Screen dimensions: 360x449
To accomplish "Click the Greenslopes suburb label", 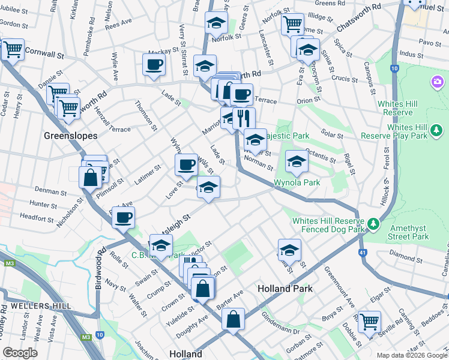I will point(71,136).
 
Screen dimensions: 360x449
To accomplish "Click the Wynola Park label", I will point(297,182).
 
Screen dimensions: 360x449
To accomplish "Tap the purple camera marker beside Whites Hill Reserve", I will point(437,81).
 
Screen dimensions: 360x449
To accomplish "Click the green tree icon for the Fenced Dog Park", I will point(373,224).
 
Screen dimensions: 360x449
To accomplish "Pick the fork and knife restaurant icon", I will point(244,118).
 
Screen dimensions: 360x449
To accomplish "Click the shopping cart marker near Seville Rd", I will point(369,322).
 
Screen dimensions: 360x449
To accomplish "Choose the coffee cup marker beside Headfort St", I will point(124,218).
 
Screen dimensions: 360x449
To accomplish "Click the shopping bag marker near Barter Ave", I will point(233,319).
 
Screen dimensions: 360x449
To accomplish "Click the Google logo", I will point(20,353).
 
